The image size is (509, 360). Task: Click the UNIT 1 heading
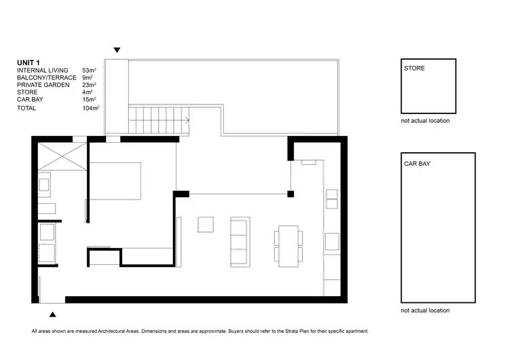coord(28,62)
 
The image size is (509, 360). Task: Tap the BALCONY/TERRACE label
coord(45,77)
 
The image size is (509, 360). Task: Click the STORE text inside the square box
coord(414,69)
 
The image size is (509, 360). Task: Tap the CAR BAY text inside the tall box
coord(417,164)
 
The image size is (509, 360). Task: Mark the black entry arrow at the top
coord(117,50)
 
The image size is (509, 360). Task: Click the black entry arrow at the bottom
coord(52,314)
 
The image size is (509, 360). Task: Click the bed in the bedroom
coord(115,181)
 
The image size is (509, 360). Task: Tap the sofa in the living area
coord(240,242)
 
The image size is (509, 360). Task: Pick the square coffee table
coord(206,223)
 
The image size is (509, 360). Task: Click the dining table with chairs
coord(288,245)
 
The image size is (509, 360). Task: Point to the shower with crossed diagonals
coord(61,157)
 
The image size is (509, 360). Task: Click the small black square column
coord(290,194)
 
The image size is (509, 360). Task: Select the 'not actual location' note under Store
coord(425,121)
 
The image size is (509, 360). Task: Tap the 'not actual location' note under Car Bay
coord(425,310)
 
